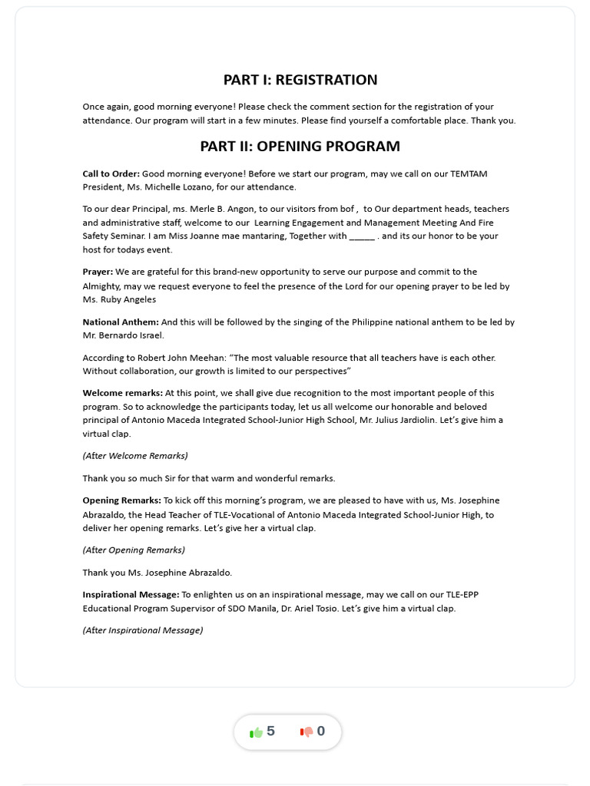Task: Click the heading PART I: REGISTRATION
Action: pos(300,80)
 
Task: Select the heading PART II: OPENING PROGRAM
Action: pos(300,147)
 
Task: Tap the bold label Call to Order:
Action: pos(111,174)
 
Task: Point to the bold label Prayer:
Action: pos(98,272)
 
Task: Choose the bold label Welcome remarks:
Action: pos(123,393)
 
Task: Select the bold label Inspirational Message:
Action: pos(131,595)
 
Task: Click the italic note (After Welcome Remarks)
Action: pos(135,456)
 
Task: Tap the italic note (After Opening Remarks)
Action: pos(134,550)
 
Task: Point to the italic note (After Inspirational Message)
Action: pos(143,631)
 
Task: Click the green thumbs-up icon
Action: pos(256,732)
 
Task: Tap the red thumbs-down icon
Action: pos(307,732)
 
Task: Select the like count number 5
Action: pos(270,732)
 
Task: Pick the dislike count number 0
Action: pos(321,732)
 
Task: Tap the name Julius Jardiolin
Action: pos(416,421)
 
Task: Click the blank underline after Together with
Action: pos(362,236)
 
